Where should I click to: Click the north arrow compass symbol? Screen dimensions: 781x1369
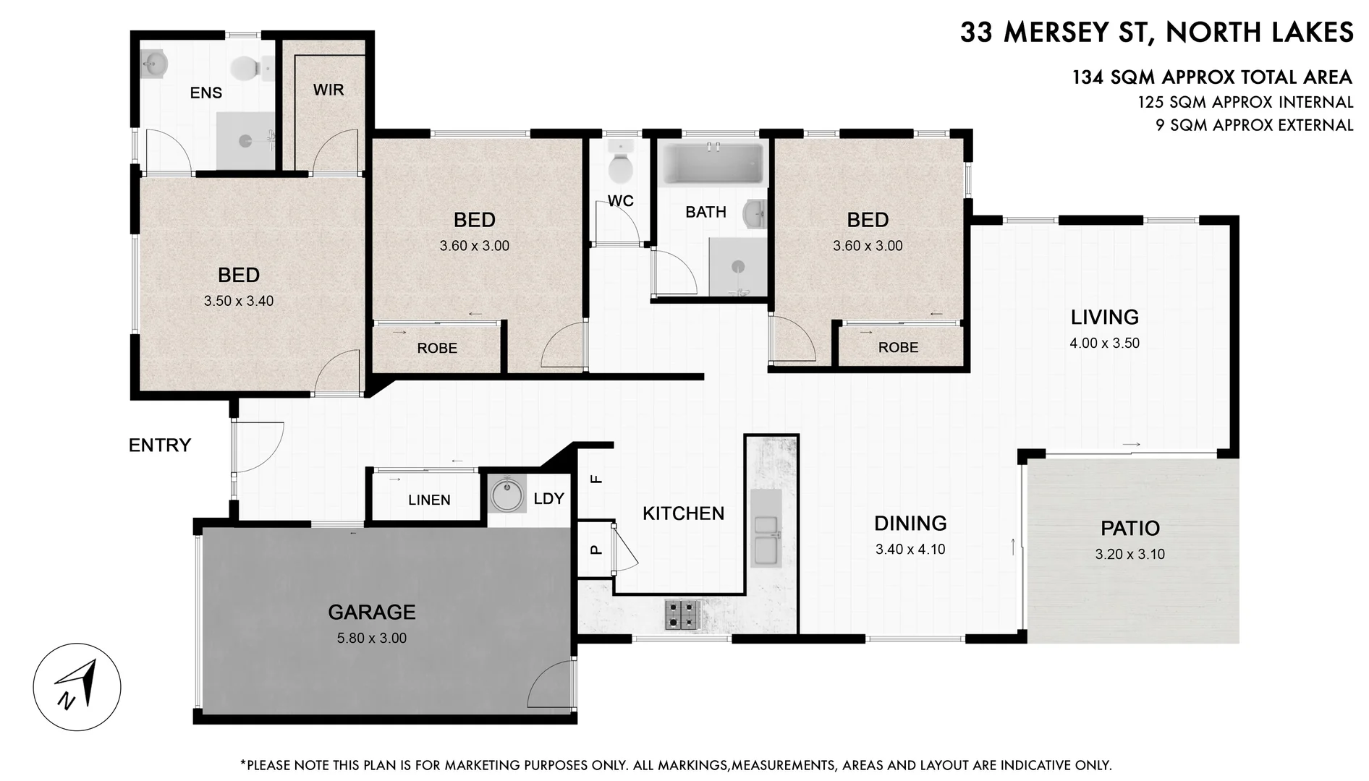click(x=77, y=686)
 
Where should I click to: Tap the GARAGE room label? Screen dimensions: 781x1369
click(x=371, y=613)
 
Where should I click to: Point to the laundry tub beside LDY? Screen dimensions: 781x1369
click(x=507, y=495)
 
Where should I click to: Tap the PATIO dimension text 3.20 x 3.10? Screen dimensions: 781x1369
click(x=1129, y=555)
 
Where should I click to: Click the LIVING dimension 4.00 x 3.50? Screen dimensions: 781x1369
click(x=1104, y=343)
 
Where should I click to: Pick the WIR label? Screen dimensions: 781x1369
click(x=328, y=90)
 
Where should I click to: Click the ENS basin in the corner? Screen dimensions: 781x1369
click(x=154, y=64)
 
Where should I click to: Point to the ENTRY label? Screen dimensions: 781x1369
click(x=159, y=445)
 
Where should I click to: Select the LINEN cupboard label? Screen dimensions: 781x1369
click(x=428, y=500)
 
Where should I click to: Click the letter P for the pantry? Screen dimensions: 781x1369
click(x=596, y=550)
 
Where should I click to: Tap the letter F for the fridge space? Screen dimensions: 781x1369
click(x=596, y=479)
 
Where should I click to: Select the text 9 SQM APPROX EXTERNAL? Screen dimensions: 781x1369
click(x=1253, y=125)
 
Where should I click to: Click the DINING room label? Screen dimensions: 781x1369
click(x=910, y=524)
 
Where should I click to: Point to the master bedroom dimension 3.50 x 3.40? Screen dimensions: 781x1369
click(x=238, y=302)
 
